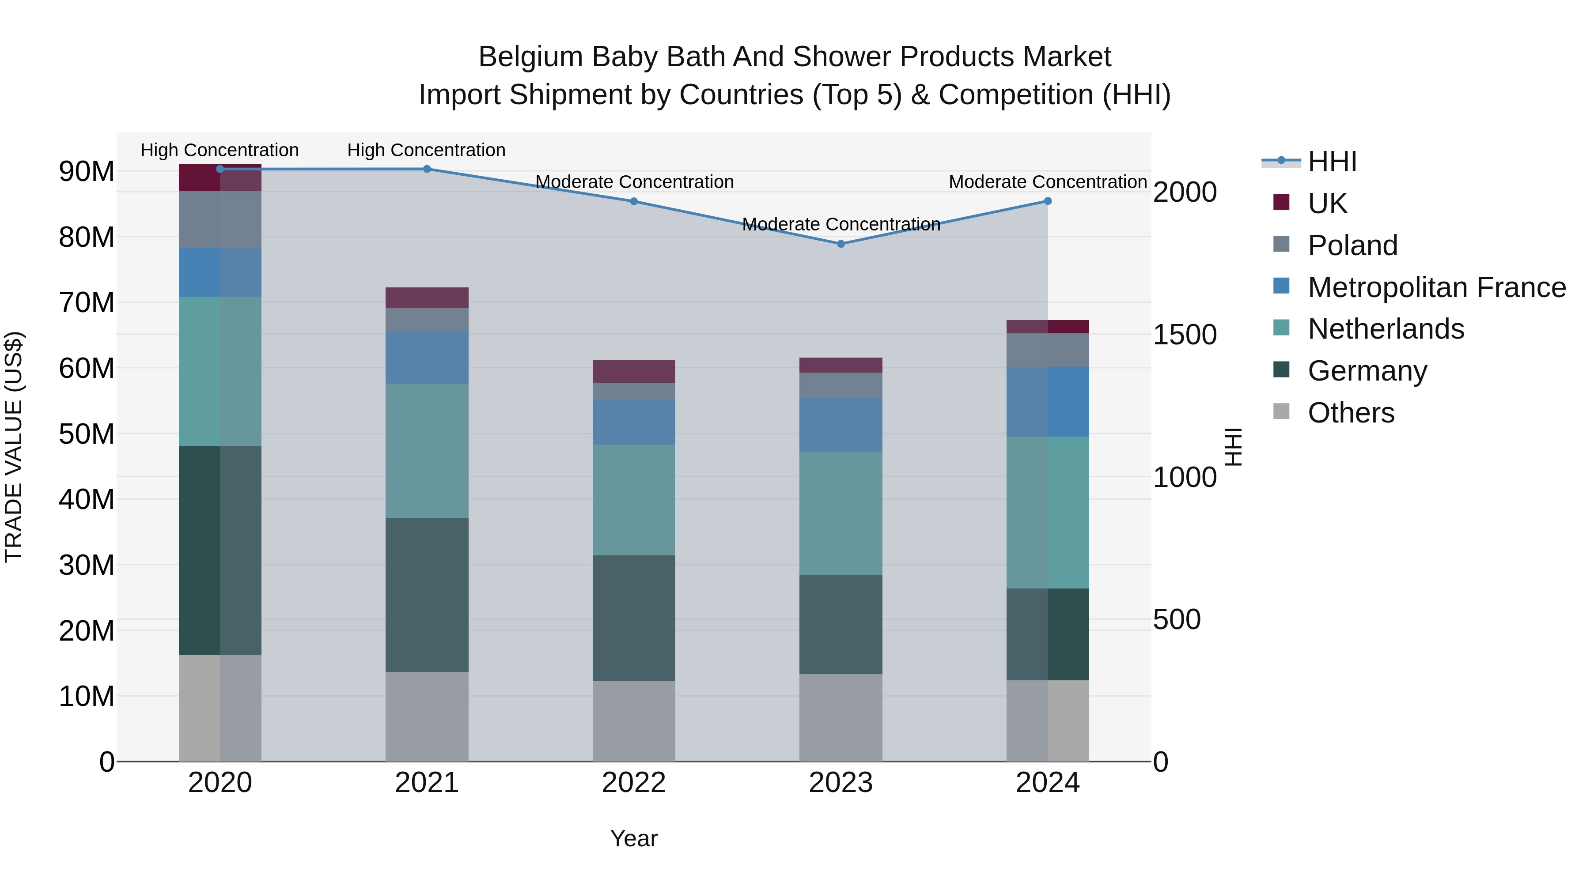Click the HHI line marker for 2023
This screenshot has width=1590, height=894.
pos(840,244)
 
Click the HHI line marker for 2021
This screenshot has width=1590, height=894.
pos(427,169)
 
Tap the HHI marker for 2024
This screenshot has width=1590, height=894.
pos(1048,201)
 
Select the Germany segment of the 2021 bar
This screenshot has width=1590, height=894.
pos(427,595)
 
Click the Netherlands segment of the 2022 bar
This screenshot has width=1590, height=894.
pos(634,500)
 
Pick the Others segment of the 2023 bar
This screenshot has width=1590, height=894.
pos(840,717)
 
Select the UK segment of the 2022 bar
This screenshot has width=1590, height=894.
pos(634,371)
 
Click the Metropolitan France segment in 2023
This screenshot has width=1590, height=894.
pos(840,424)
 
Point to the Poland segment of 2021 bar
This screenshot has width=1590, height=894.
pos(427,320)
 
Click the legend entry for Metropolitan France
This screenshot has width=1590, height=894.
pos(1436,287)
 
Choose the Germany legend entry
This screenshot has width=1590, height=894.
pos(1367,371)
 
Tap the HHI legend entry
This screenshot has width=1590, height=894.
pos(1332,162)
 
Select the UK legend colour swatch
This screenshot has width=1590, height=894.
pos(1281,202)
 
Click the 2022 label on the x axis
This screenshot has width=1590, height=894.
pos(634,783)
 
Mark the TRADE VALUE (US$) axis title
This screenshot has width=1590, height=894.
pos(14,447)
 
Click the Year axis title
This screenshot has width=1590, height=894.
pos(634,838)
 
